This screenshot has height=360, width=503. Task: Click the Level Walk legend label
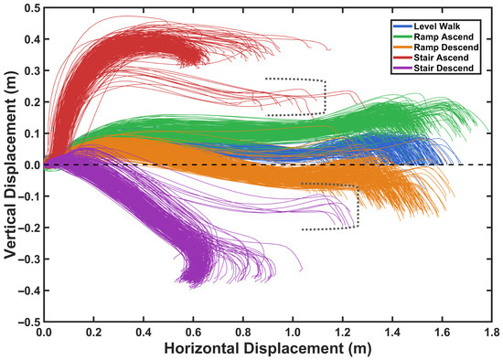coord(436,26)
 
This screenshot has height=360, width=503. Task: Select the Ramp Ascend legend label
coord(444,37)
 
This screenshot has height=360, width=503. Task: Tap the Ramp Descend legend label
coord(446,48)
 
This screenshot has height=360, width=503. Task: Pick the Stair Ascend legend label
coord(441,58)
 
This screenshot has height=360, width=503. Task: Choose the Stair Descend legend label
coord(444,68)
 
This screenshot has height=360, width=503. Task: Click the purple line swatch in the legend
coord(402,68)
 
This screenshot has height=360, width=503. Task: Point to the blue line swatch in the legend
coord(402,26)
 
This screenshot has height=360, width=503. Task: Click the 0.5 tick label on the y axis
coord(32,7)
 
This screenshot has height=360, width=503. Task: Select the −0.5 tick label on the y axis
coord(30,322)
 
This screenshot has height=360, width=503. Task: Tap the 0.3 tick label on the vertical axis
coord(32,70)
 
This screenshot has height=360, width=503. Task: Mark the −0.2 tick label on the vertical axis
coord(30,228)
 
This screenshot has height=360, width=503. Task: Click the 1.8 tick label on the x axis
coord(492,333)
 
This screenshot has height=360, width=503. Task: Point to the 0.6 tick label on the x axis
coord(194,333)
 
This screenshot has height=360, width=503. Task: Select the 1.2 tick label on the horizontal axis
coord(343,333)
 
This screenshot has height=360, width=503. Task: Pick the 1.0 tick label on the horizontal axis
coord(293,333)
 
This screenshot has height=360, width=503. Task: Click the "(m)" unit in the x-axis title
coord(359,349)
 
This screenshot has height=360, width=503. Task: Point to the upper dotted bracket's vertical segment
coord(325,97)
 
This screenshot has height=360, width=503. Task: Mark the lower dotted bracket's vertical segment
coord(358,206)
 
